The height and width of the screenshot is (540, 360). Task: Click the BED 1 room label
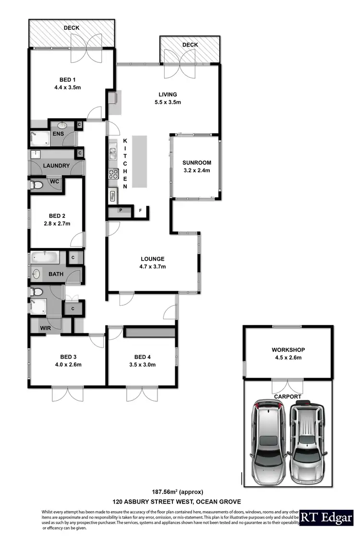coord(67,80)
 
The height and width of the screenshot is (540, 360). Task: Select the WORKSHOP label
coord(288,350)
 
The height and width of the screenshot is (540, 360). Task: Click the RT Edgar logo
coord(326,517)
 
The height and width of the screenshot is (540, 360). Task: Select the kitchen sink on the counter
coord(113,153)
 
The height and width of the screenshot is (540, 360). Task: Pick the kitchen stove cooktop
coord(113,174)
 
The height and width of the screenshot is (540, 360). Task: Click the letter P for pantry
coord(120,211)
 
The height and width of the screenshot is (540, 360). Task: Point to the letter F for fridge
coord(141,210)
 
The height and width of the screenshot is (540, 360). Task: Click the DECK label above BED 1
coord(72,28)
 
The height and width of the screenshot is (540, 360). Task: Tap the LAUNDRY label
coord(56,166)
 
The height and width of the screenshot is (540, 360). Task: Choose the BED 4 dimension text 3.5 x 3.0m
coord(142,364)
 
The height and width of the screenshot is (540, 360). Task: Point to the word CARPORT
coord(287,397)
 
